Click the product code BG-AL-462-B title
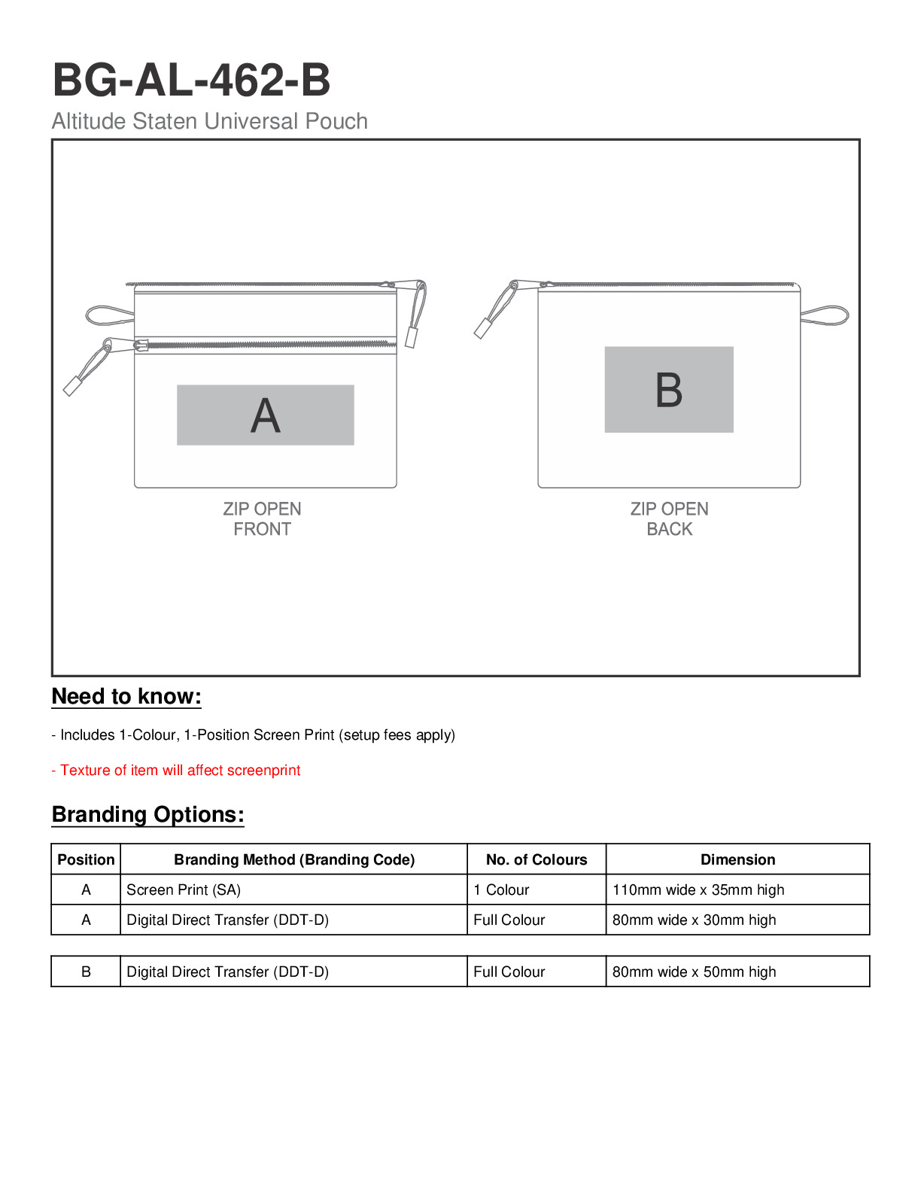191,80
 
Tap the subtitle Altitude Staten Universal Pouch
209,121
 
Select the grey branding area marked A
265,415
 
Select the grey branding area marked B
668,389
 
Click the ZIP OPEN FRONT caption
262,518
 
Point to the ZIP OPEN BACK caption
669,518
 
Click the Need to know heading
126,696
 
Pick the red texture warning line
176,770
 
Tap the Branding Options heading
147,814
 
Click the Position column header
86,859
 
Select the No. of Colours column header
536,859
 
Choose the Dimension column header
737,859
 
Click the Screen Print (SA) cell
184,889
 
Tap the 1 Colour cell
501,889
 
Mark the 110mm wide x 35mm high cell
698,889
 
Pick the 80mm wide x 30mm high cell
694,920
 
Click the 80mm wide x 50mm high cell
694,972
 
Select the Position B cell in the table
86,972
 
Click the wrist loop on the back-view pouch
826,315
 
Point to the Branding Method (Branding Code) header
294,859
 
